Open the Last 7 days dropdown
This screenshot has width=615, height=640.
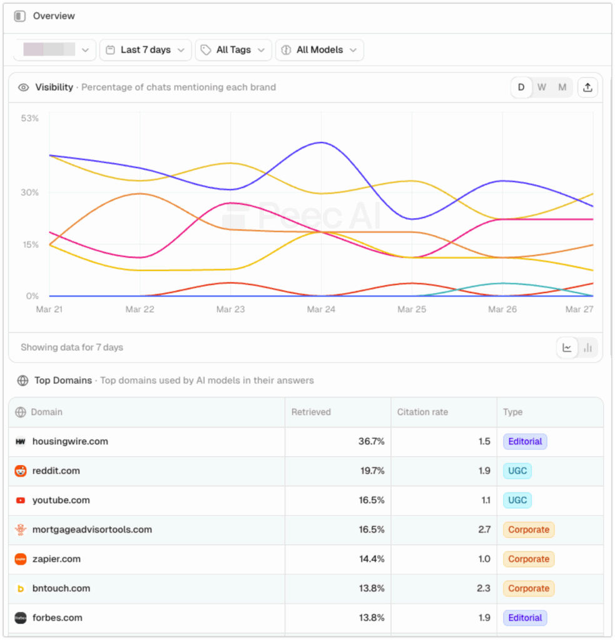point(145,50)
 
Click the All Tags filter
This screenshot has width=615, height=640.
point(233,50)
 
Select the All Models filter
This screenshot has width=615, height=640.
point(319,50)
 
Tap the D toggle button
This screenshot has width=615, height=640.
point(521,87)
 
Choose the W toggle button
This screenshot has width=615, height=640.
point(542,87)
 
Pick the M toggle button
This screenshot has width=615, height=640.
point(562,87)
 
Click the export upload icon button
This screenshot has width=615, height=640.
point(587,87)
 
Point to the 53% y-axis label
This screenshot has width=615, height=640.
point(29,118)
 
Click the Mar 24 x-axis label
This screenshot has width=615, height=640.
point(321,309)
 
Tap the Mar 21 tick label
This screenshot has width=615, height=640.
point(49,309)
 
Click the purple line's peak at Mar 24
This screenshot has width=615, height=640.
point(321,142)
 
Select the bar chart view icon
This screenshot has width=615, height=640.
point(587,348)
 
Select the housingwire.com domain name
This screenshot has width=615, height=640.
point(70,441)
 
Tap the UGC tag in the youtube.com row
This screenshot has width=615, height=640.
point(517,500)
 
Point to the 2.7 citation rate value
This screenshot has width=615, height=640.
point(484,529)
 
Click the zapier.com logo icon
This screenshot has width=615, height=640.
point(21,559)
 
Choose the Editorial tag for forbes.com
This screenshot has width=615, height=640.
point(525,617)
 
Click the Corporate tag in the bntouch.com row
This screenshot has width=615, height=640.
point(528,588)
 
